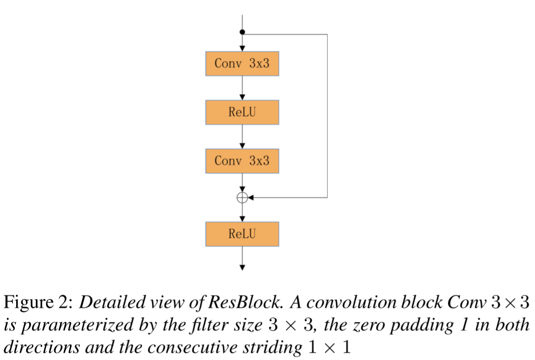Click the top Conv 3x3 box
pos(242,63)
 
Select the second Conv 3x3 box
pos(242,161)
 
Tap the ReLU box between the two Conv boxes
pos(242,112)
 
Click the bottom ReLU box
pos(242,234)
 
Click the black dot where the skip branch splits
pos(242,32)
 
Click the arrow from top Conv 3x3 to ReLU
pos(242,88)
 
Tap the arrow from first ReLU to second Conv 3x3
pos(242,137)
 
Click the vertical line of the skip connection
pos(327,116)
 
